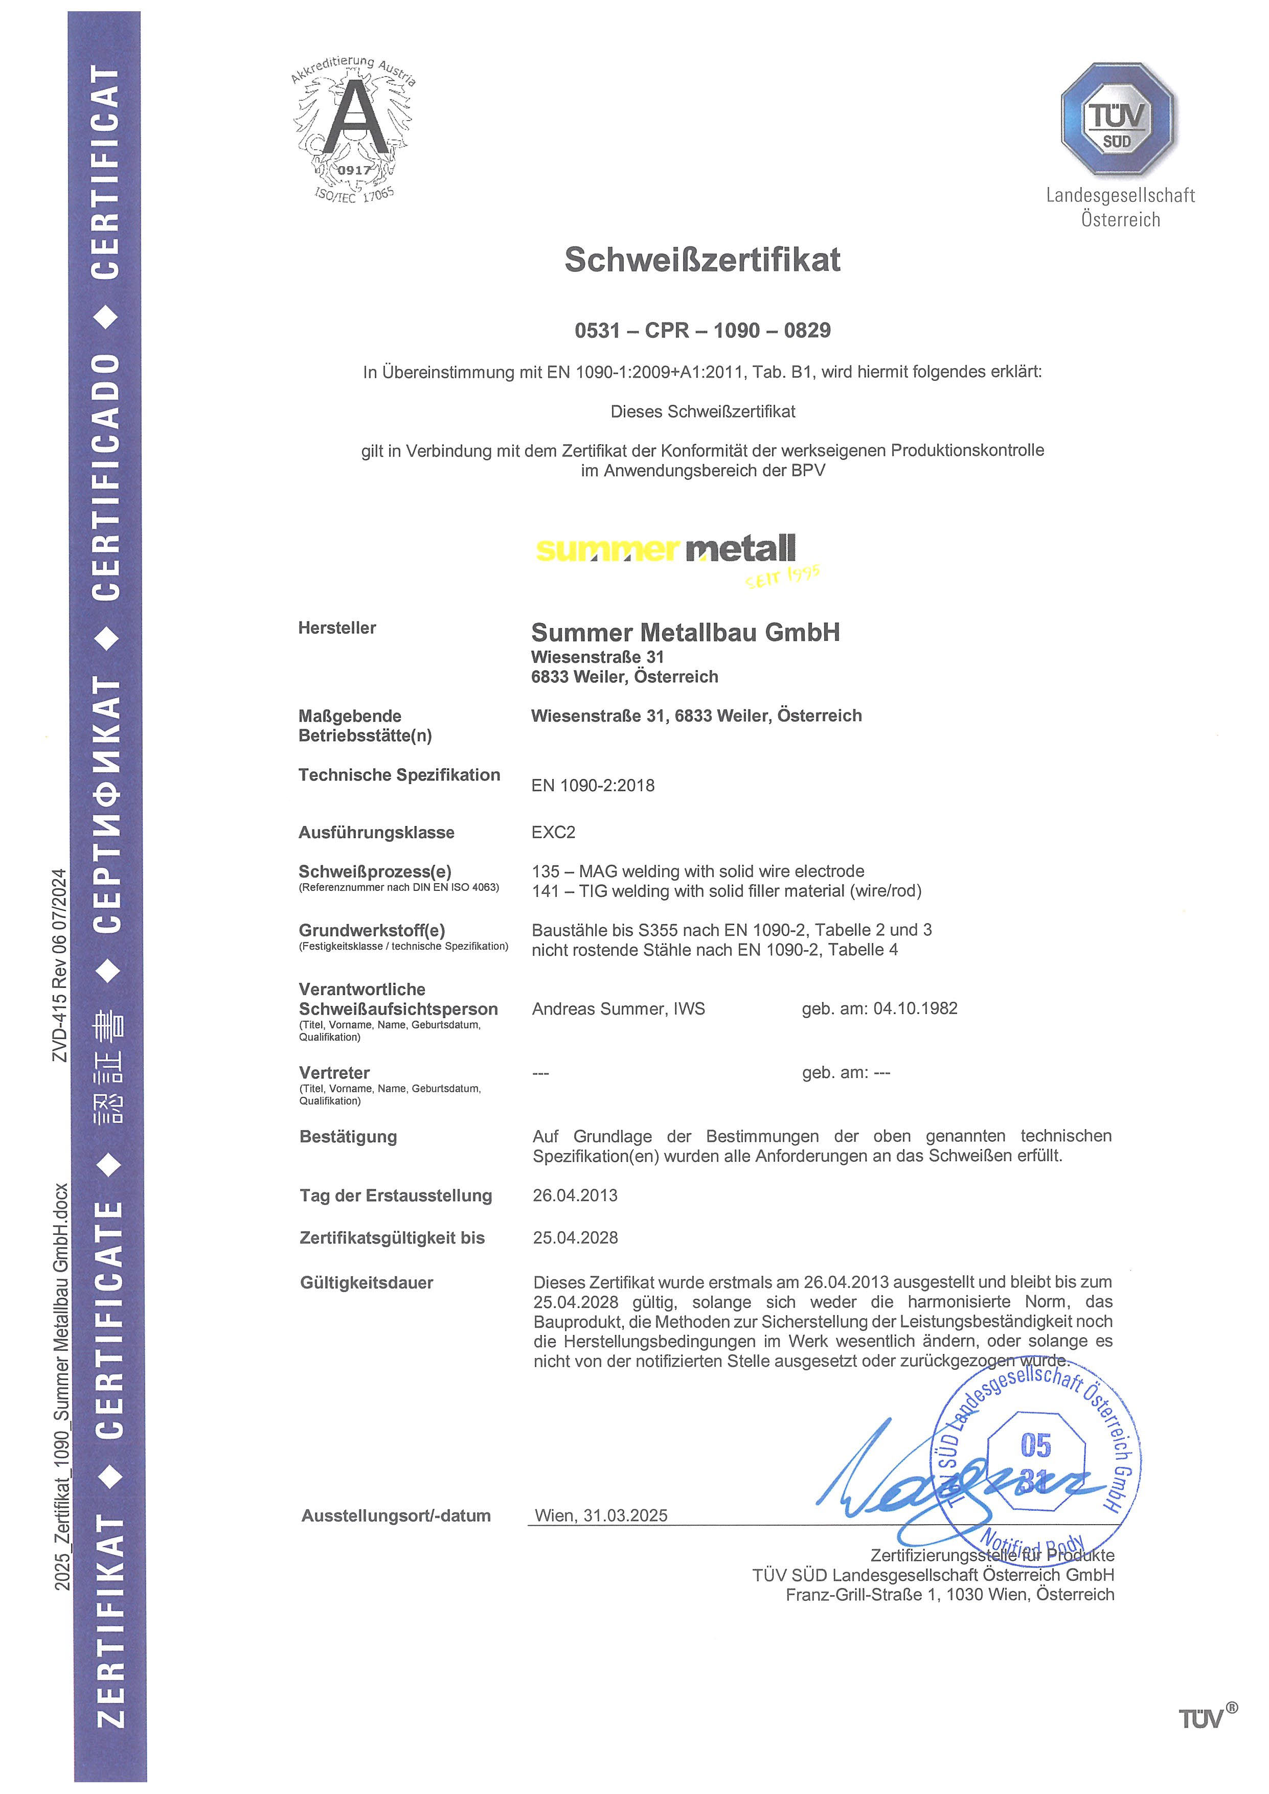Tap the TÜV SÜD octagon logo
pos(1118,119)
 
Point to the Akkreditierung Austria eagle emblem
pos(354,129)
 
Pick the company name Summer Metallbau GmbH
pos(685,632)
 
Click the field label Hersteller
pos(337,628)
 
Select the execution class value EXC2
pos(553,832)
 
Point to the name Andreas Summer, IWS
pos(618,1009)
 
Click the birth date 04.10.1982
pos(915,1009)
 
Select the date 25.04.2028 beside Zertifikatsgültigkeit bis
pos(575,1238)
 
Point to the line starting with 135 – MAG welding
pos(698,871)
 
